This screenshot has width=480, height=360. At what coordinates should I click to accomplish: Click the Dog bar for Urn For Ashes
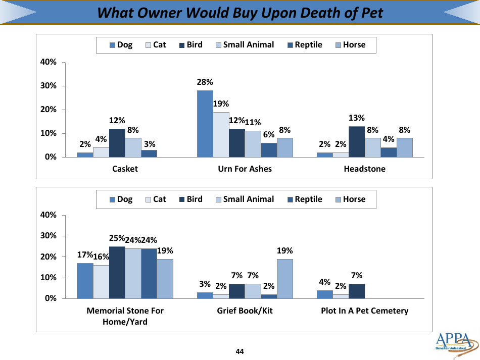click(x=205, y=124)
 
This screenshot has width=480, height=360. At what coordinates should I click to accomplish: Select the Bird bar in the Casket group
click(x=117, y=143)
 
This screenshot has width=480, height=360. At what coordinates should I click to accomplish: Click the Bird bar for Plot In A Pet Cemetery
click(x=357, y=291)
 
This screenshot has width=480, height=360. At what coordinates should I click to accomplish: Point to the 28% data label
click(x=205, y=82)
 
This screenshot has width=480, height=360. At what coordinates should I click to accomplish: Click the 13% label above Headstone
click(x=357, y=118)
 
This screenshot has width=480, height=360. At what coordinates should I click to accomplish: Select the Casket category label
click(x=125, y=169)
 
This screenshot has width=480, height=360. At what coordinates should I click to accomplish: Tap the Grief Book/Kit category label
click(x=245, y=311)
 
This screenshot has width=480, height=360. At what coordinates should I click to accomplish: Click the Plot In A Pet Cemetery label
click(x=364, y=311)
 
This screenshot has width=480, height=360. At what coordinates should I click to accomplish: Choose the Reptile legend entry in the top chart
click(x=305, y=44)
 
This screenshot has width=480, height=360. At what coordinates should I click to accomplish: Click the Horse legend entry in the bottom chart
click(x=350, y=199)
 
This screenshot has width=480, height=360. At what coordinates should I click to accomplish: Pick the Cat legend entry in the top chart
click(x=156, y=44)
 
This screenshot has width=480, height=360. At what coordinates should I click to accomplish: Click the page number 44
click(x=239, y=351)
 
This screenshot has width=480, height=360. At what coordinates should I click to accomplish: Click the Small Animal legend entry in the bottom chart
click(x=244, y=199)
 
